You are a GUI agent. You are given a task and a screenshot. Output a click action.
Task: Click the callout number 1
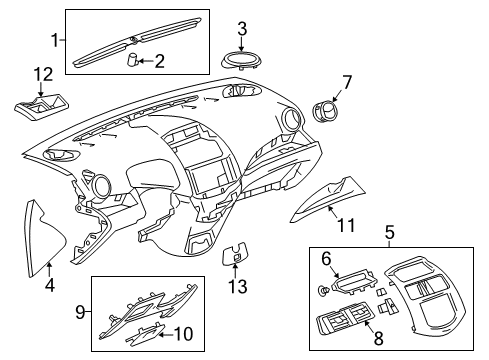(56, 40)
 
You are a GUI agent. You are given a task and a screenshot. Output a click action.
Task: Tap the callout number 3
(241, 27)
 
